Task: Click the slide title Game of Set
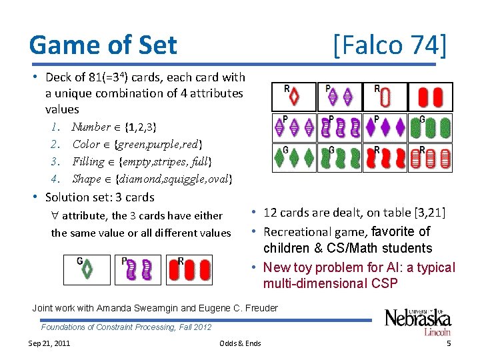click(103, 45)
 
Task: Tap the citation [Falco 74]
click(389, 45)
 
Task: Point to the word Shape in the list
click(86, 179)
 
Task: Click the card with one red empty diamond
click(294, 97)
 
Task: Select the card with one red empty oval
click(385, 97)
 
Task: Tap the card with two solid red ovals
click(430, 97)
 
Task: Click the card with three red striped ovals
click(430, 158)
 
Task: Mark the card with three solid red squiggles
click(385, 158)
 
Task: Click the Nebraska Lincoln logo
click(417, 321)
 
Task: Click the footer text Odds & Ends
click(240, 343)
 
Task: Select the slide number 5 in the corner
click(449, 343)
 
